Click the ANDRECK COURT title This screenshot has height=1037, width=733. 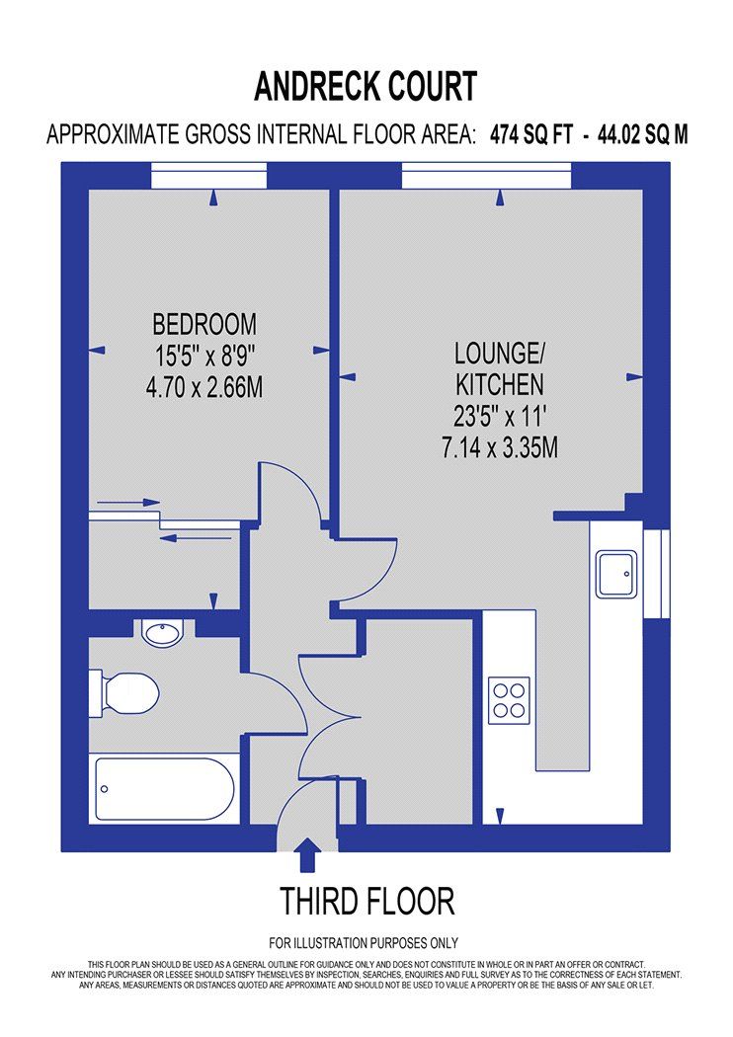coord(366,86)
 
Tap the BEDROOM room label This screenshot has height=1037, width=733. coord(204,323)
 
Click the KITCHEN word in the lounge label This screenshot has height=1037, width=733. coord(500,383)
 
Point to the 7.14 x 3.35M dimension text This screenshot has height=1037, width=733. coord(500,447)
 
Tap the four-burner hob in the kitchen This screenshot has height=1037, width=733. coord(510,699)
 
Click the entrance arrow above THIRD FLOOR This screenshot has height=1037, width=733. coord(308,852)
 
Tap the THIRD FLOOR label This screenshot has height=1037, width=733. coord(366,901)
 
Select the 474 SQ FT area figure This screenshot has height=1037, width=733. coord(531,135)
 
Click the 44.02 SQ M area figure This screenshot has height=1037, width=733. coord(641,135)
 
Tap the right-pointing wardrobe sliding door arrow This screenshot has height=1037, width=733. coord(129,503)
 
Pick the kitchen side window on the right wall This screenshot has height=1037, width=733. coord(655,574)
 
